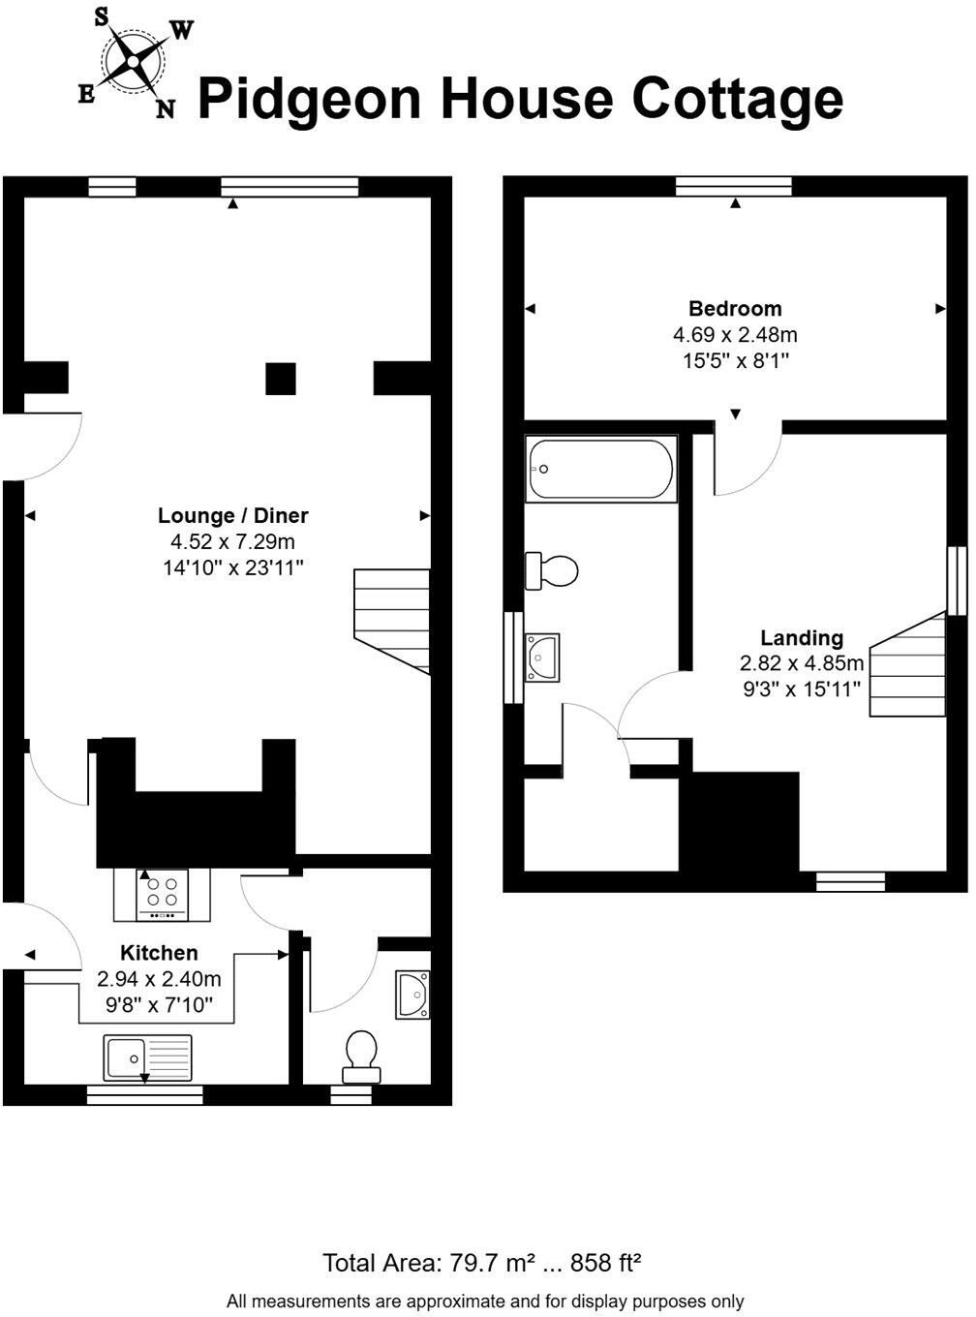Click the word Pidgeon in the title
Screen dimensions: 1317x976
coord(309,101)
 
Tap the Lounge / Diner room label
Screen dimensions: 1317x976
coord(233,516)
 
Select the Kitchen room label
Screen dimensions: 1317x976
coord(159,953)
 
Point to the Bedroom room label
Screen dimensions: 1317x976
coord(735,309)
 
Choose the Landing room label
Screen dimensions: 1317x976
coord(801,638)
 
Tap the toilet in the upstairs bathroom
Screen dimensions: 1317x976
coord(551,569)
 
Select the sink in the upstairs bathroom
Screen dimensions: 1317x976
coord(540,657)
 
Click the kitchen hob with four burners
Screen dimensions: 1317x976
coord(162,894)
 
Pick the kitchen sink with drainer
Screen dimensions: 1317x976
coord(149,1057)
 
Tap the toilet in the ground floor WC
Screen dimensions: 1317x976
coord(361,1057)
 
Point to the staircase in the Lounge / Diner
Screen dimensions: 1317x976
coord(392,620)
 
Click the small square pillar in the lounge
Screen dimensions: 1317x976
coord(281,379)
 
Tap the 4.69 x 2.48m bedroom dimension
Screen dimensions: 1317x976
coord(735,336)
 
